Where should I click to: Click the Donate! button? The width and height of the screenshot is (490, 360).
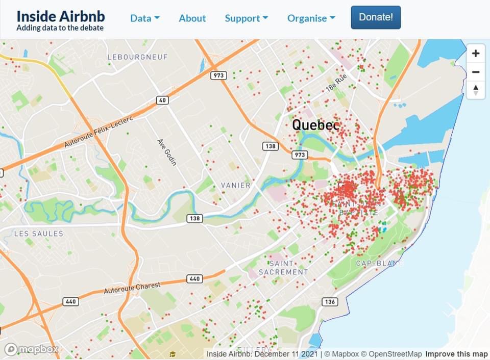[x=376, y=17]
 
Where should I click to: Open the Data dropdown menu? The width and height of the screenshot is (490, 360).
[x=144, y=18]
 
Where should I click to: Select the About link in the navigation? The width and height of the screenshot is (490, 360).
[x=192, y=18]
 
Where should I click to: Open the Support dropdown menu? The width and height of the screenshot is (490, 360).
[x=246, y=18]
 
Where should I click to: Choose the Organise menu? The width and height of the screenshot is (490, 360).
[x=311, y=18]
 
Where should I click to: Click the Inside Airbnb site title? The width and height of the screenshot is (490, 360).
[x=61, y=15]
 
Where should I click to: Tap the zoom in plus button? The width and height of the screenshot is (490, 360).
[x=476, y=53]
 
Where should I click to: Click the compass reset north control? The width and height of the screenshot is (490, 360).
[x=476, y=90]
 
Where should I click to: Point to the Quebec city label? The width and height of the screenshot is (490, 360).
[x=315, y=124]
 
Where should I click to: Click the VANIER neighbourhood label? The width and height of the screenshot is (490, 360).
[x=235, y=185]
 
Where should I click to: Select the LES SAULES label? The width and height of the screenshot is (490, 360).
[x=39, y=234]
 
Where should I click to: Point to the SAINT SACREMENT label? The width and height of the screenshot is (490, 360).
[x=283, y=268]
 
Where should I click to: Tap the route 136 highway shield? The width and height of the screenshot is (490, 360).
[x=330, y=301]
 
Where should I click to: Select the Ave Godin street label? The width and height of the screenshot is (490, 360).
[x=166, y=152]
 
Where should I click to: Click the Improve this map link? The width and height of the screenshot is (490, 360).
[x=456, y=354]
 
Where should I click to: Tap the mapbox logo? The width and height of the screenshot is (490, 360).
[x=32, y=350]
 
